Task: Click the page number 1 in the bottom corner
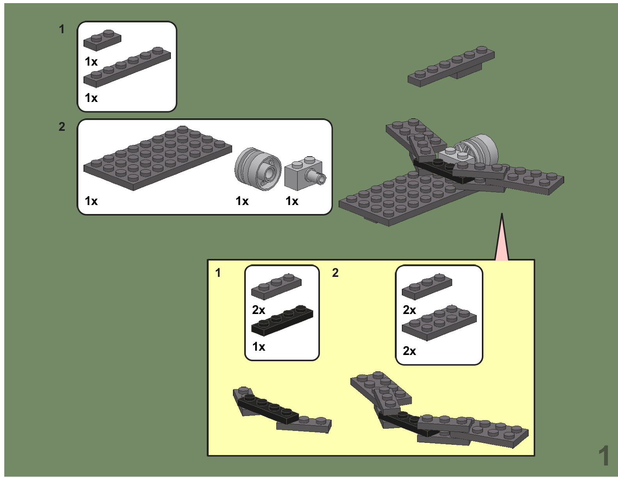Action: pyautogui.click(x=604, y=456)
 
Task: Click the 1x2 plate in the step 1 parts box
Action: pyautogui.click(x=102, y=41)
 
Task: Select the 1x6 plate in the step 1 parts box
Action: pyautogui.click(x=127, y=67)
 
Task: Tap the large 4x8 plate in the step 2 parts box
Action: pyautogui.click(x=158, y=158)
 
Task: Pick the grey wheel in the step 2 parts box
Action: pyautogui.click(x=258, y=169)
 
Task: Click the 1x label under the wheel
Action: pyautogui.click(x=242, y=201)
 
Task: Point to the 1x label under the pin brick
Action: pyautogui.click(x=292, y=201)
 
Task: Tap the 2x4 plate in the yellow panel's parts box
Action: pyautogui.click(x=439, y=323)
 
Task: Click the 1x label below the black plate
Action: pyautogui.click(x=259, y=347)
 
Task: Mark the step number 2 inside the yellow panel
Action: pyautogui.click(x=335, y=273)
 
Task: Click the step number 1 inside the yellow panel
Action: pyautogui.click(x=218, y=273)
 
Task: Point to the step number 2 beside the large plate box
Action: pyautogui.click(x=62, y=127)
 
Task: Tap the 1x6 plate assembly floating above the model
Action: pyautogui.click(x=451, y=67)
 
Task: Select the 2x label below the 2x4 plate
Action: pyautogui.click(x=409, y=351)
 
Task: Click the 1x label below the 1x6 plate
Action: pyautogui.click(x=91, y=98)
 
